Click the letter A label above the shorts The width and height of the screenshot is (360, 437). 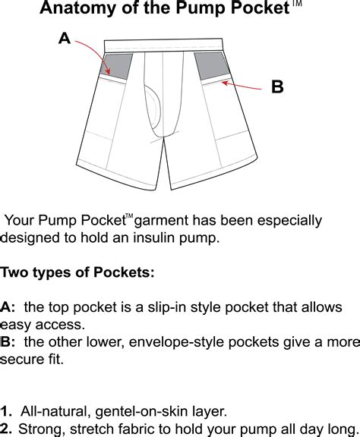(x=65, y=39)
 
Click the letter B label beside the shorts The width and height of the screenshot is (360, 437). (x=277, y=87)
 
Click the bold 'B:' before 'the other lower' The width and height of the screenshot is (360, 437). (x=8, y=341)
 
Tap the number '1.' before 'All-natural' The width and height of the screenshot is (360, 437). (x=7, y=411)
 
